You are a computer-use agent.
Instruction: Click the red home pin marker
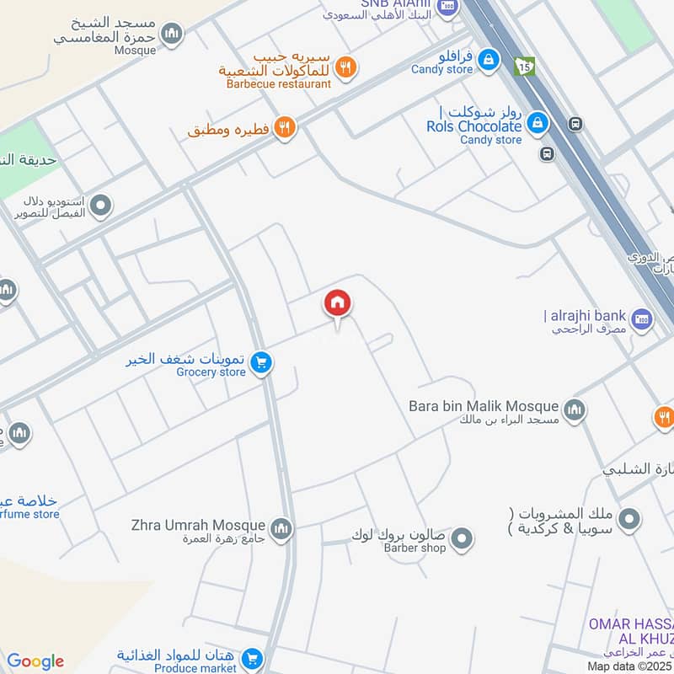pyautogui.click(x=338, y=304)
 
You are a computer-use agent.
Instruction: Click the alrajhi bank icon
pyautogui.click(x=643, y=319)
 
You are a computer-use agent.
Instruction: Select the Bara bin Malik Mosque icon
pyautogui.click(x=575, y=410)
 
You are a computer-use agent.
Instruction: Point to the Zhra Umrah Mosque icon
pyautogui.click(x=281, y=529)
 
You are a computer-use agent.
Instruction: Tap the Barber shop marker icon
pyautogui.click(x=461, y=538)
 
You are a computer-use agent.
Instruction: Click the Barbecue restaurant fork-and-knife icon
pyautogui.click(x=345, y=67)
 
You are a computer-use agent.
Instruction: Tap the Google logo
pyautogui.click(x=35, y=661)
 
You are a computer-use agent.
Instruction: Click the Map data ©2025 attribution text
pyautogui.click(x=630, y=666)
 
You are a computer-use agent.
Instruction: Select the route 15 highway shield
pyautogui.click(x=526, y=66)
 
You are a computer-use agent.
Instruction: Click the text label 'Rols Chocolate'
pyautogui.click(x=474, y=126)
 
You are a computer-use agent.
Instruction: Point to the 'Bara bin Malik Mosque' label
pyautogui.click(x=484, y=405)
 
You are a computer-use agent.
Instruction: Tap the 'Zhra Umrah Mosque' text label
pyautogui.click(x=198, y=526)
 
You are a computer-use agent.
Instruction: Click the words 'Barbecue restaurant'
pyautogui.click(x=279, y=83)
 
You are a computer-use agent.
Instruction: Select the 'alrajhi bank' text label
pyautogui.click(x=586, y=315)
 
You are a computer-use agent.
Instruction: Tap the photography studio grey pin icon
pyautogui.click(x=101, y=205)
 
